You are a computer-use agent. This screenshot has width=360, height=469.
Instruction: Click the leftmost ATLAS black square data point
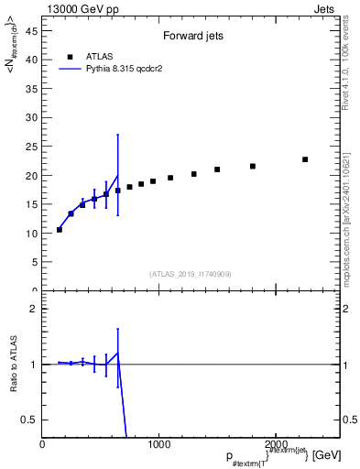click(60, 229)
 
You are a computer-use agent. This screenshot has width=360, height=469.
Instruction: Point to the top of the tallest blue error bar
click(117, 135)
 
